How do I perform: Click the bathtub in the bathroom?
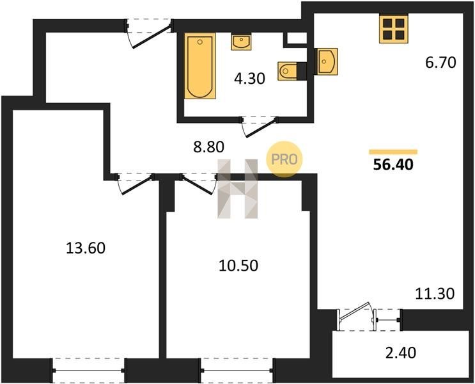(x=200, y=66)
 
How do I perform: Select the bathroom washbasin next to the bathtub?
(x=242, y=42)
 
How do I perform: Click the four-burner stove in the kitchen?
(x=394, y=29)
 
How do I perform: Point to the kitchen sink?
(x=327, y=61)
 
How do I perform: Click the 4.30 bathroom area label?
(x=249, y=79)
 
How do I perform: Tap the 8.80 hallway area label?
(x=208, y=147)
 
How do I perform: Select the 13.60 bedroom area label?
(x=86, y=248)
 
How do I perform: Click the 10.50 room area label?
(x=238, y=266)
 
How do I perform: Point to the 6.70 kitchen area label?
(x=440, y=63)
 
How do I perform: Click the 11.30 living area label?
(x=435, y=294)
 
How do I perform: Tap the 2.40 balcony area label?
(x=400, y=353)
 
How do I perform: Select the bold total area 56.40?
(x=393, y=164)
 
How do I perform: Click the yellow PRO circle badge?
(x=284, y=159)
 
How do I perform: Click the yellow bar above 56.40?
(x=393, y=152)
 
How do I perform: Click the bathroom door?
(x=260, y=127)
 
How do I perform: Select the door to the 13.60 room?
(x=136, y=183)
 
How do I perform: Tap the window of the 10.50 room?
(x=237, y=371)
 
